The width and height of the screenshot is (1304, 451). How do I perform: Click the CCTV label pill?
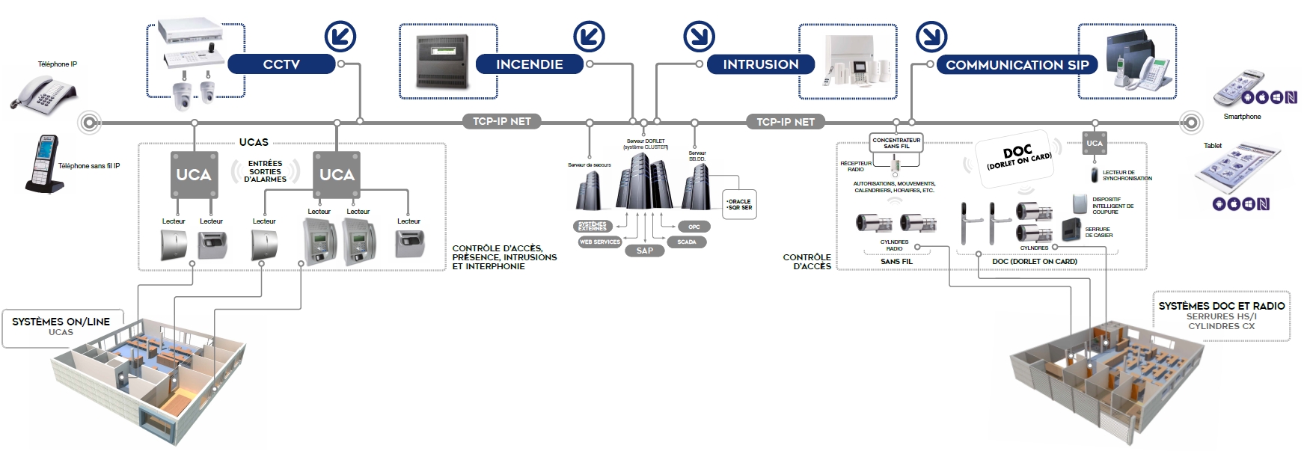(x=281, y=64)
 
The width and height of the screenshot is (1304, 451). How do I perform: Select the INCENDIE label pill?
(x=529, y=64)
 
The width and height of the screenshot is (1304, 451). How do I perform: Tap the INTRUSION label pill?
(x=760, y=64)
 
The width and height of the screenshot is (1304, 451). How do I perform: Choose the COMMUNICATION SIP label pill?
(x=1017, y=65)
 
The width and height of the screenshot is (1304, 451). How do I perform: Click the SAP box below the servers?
(x=644, y=251)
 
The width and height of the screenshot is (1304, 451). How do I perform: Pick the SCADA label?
(x=687, y=242)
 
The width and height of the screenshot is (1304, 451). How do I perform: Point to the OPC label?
(x=694, y=227)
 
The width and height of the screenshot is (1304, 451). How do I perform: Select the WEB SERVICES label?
(x=600, y=242)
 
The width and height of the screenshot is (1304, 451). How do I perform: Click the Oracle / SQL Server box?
(x=739, y=204)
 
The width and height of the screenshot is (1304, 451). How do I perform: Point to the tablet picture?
(x=1237, y=171)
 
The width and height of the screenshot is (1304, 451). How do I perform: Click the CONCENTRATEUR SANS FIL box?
(x=896, y=142)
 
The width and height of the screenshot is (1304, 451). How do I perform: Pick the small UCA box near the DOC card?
(x=1095, y=143)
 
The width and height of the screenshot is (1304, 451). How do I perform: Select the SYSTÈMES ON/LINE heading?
(x=61, y=322)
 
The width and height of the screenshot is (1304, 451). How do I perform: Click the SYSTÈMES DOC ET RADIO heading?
(x=1222, y=306)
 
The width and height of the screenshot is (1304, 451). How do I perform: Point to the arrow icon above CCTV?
(x=340, y=36)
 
